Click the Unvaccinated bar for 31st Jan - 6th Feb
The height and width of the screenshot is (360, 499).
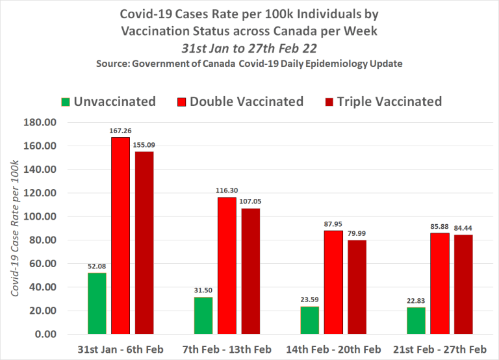(x=97, y=303)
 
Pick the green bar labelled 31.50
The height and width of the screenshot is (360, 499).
(x=203, y=316)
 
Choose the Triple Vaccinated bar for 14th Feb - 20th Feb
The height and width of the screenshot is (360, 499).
(x=357, y=287)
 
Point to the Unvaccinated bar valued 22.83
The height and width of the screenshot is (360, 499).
(x=416, y=320)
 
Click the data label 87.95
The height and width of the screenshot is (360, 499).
(x=333, y=225)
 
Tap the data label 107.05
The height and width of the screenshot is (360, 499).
(x=251, y=203)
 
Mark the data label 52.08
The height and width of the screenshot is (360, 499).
(x=97, y=267)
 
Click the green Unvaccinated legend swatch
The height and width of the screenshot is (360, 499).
(x=66, y=102)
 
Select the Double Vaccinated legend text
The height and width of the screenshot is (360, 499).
(x=247, y=101)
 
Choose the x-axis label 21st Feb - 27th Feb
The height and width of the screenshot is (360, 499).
(x=439, y=350)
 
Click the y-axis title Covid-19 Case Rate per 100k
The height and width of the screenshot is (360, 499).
(x=16, y=228)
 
